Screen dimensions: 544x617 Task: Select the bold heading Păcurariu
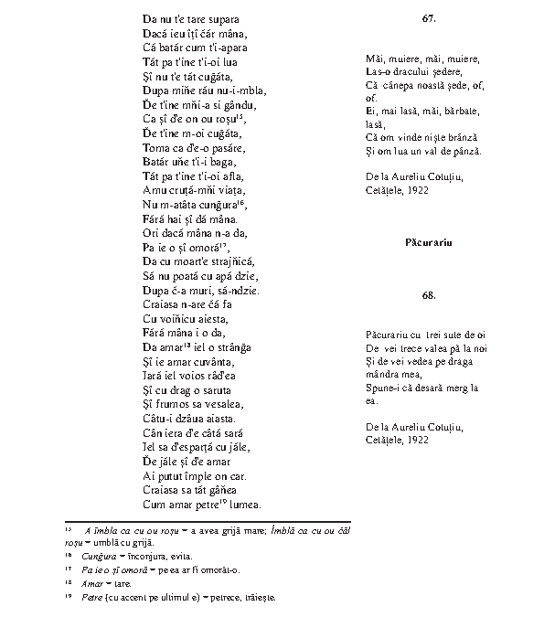coord(428,242)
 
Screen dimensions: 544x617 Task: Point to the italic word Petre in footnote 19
coord(90,597)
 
